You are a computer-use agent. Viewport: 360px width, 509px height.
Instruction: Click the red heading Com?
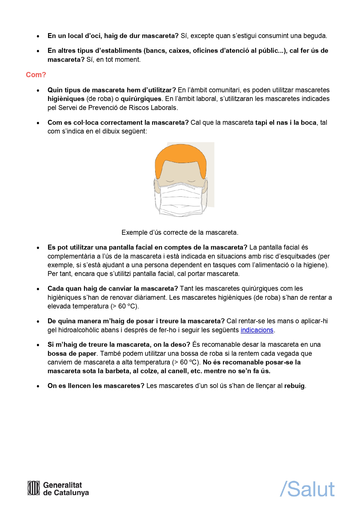[36, 75]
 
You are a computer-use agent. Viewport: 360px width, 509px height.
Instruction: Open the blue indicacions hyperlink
[257, 330]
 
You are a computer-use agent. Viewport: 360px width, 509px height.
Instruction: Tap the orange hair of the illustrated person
[180, 154]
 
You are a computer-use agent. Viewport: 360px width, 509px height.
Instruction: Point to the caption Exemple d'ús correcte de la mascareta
[180, 232]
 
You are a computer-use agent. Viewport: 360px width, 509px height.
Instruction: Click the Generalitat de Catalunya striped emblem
[34, 488]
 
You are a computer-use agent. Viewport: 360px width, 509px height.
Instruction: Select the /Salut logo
[307, 489]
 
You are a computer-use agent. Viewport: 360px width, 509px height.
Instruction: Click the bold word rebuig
[294, 386]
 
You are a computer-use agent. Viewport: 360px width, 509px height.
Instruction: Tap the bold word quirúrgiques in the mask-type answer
[141, 99]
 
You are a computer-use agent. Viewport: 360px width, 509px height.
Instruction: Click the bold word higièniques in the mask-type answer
[66, 99]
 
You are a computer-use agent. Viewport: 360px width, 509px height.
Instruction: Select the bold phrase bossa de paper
[72, 353]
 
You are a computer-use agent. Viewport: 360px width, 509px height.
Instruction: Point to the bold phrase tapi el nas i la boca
[285, 122]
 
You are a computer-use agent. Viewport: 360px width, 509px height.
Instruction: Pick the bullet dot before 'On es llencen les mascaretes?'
[38, 386]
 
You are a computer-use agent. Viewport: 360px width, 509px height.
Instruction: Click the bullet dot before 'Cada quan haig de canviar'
[38, 289]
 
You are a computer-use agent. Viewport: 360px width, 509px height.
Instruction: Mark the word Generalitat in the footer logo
[62, 485]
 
